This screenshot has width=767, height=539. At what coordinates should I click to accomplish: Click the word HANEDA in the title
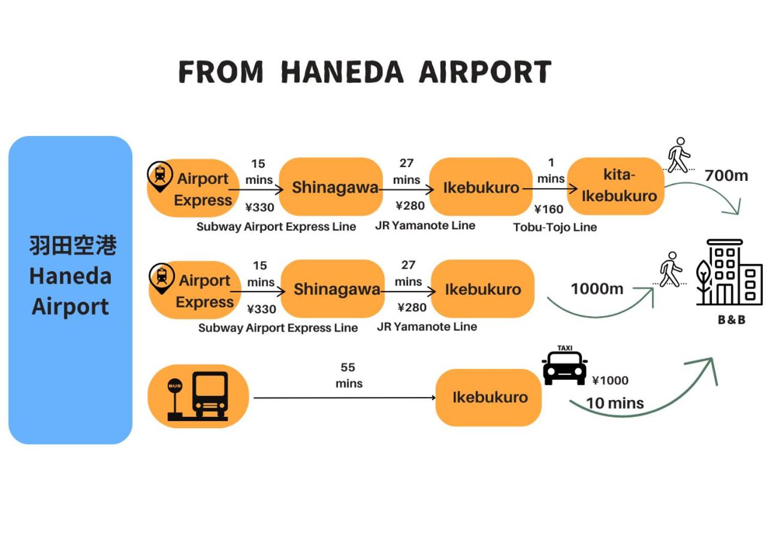(342, 72)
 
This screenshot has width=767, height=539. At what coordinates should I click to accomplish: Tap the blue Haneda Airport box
(70, 290)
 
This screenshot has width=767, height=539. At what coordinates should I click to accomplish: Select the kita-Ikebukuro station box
(616, 186)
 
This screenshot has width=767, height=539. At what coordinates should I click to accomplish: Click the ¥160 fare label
(549, 209)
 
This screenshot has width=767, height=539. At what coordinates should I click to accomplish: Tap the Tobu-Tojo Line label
(555, 227)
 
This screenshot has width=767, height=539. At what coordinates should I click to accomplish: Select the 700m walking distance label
(726, 175)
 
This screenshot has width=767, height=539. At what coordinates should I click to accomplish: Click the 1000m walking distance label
(597, 289)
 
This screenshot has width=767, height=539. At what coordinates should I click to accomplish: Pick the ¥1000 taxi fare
(610, 380)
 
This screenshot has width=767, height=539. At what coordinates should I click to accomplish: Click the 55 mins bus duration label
(348, 375)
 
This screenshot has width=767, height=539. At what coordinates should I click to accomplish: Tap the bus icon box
(198, 396)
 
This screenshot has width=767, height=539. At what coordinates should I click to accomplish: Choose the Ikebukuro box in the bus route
(489, 397)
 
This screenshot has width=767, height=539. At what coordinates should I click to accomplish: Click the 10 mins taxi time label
(615, 403)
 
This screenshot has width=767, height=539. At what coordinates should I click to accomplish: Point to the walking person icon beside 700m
(678, 156)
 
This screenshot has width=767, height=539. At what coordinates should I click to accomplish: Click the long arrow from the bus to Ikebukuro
(345, 398)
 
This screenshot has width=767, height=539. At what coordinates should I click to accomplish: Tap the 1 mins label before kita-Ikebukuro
(551, 171)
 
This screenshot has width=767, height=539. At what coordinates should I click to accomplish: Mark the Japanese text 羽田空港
(72, 246)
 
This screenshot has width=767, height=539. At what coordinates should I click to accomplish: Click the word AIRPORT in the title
(485, 72)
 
